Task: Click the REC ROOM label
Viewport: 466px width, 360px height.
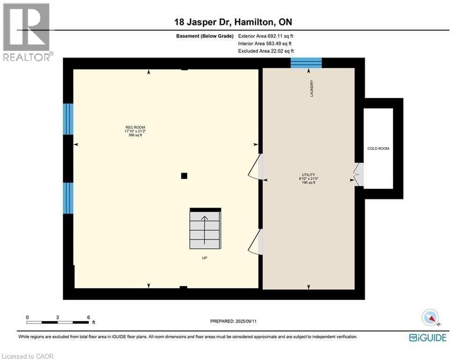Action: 132,127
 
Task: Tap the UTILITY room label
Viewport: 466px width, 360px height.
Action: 308,175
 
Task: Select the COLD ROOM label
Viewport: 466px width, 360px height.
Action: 378,149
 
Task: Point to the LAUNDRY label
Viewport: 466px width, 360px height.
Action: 311,89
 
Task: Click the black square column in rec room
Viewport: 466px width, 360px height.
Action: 185,176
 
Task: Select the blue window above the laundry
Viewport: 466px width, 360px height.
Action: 306,63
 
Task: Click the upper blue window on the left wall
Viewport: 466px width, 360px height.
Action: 68,119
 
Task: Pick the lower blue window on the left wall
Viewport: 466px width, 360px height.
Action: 68,198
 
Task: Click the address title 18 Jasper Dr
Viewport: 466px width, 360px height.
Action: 233,22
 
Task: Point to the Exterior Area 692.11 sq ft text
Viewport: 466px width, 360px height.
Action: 266,36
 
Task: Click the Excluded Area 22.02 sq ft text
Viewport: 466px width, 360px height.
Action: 266,51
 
